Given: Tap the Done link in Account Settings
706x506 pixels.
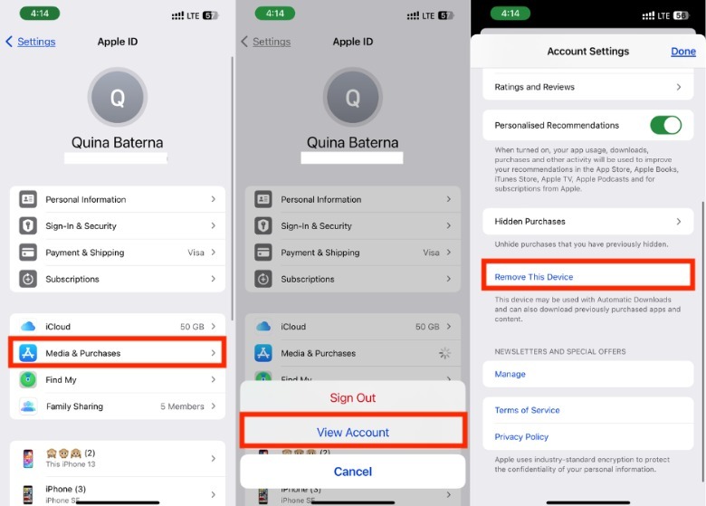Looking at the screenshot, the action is [x=683, y=52].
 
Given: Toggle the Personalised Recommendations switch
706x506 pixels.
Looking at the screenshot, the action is [x=665, y=125].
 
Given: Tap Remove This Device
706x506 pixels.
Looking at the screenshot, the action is [x=533, y=277].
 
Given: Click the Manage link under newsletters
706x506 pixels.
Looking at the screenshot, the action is [x=510, y=374].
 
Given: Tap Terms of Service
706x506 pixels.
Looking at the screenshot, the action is [x=527, y=410].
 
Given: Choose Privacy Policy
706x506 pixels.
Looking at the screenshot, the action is [x=521, y=436].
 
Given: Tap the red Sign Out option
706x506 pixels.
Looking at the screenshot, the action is [x=353, y=398].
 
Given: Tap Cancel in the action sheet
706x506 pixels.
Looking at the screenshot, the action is [x=353, y=472].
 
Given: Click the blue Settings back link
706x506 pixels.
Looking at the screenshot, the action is [x=36, y=42].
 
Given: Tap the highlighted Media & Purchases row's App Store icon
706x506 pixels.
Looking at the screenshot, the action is [x=28, y=353].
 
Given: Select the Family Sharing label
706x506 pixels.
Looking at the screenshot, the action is [x=74, y=406].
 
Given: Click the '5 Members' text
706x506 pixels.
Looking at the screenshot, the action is [x=182, y=406].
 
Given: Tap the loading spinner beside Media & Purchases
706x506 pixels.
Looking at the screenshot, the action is [x=444, y=353].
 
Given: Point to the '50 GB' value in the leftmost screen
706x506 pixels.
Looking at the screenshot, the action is [x=192, y=327].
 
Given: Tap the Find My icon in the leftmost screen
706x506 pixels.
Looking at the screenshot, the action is [x=28, y=380].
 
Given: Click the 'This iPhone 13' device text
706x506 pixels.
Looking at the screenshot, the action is [x=71, y=464].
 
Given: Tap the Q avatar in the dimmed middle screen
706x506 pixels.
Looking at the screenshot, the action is [x=353, y=97].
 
